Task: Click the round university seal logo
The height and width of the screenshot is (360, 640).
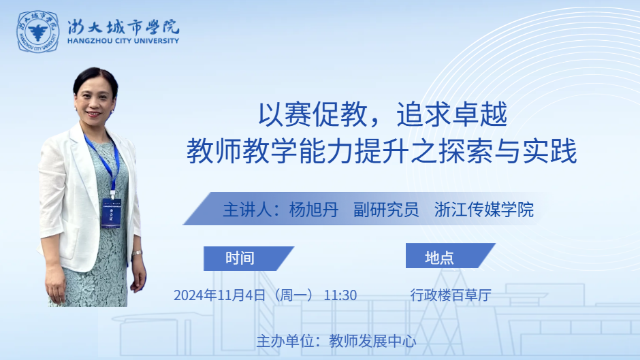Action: click(x=37, y=32)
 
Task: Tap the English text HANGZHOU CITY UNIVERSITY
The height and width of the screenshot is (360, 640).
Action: click(x=123, y=41)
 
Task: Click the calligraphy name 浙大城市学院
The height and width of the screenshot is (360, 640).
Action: click(x=123, y=27)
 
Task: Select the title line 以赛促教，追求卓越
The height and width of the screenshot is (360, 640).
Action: click(x=383, y=114)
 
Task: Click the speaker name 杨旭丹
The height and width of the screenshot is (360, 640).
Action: click(x=313, y=210)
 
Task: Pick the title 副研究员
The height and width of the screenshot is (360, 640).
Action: click(x=386, y=210)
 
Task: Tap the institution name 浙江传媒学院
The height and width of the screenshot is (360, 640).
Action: click(x=484, y=210)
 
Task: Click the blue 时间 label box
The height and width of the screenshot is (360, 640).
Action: click(x=249, y=259)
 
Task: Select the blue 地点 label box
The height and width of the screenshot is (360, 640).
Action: click(x=450, y=256)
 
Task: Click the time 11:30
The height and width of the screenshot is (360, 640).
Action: click(x=340, y=295)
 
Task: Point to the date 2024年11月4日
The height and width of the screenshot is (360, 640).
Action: click(x=220, y=295)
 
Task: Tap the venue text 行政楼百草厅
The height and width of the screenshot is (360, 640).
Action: click(x=451, y=295)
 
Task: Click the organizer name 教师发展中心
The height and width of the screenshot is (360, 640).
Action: click(x=372, y=341)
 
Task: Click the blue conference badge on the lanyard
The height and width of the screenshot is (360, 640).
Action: click(x=111, y=212)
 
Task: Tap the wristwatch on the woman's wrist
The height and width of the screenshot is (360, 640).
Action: click(x=137, y=253)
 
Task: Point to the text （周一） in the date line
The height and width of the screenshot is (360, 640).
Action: click(x=293, y=295)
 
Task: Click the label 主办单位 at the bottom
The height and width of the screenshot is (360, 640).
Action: click(x=285, y=341)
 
